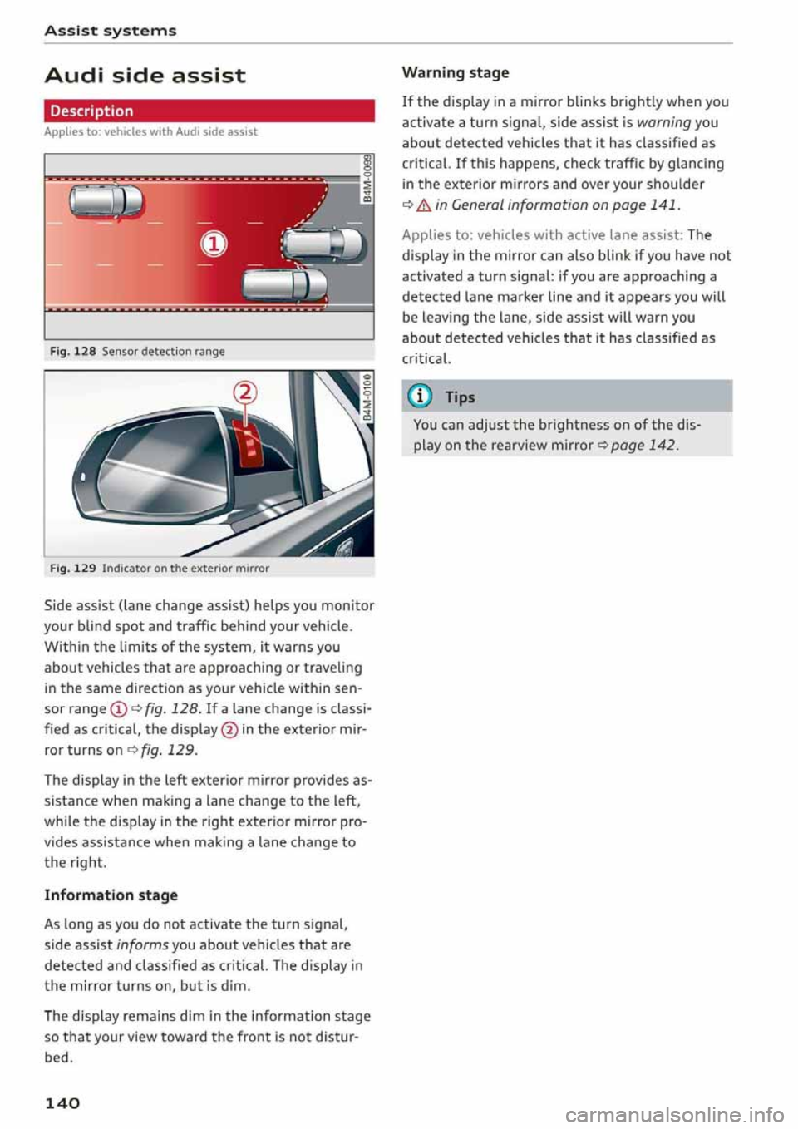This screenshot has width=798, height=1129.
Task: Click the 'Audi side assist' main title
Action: point(145,76)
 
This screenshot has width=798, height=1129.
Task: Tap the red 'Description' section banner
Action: point(209,111)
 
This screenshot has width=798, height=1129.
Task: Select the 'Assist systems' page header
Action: point(111,31)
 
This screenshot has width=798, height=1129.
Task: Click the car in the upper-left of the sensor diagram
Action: point(107,201)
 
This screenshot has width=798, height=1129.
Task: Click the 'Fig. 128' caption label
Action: point(72,351)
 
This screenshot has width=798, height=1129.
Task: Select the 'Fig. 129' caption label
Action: point(72,569)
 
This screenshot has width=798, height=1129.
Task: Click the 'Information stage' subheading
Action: point(111,895)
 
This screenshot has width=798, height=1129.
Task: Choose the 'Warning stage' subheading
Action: point(455,72)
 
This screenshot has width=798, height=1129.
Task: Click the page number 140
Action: point(62,1102)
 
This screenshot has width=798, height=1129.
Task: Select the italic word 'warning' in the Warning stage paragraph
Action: point(663,122)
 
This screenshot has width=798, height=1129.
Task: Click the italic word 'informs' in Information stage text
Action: point(142,944)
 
